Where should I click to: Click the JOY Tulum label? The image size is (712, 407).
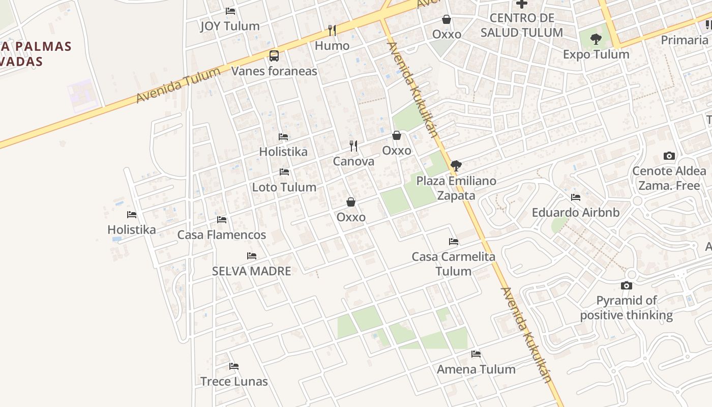[230, 26]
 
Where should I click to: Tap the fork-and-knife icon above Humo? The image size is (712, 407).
[332, 31]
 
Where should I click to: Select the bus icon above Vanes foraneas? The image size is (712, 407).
[274, 55]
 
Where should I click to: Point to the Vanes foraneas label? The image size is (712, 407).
[274, 71]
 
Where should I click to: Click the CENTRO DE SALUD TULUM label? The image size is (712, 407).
[521, 25]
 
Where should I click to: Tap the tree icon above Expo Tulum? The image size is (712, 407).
[596, 39]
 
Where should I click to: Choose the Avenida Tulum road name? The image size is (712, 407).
[178, 84]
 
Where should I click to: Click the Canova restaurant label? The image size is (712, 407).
[353, 161]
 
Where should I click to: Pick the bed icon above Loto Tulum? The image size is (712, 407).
[284, 172]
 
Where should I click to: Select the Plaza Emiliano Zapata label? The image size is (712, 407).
[456, 188]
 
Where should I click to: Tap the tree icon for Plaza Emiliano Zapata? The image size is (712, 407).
[456, 165]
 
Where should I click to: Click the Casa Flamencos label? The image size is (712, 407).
[221, 235]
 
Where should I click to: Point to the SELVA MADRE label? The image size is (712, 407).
[251, 271]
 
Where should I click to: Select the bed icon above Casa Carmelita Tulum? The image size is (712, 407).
[454, 242]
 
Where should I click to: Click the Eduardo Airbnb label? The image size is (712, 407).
[576, 212]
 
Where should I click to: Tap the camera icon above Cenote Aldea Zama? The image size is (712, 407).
[669, 156]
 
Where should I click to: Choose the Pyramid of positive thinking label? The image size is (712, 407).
[627, 308]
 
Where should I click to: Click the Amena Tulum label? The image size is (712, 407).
[476, 369]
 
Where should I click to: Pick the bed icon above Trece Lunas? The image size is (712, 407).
[234, 366]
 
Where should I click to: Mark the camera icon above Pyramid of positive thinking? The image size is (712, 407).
[627, 286]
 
